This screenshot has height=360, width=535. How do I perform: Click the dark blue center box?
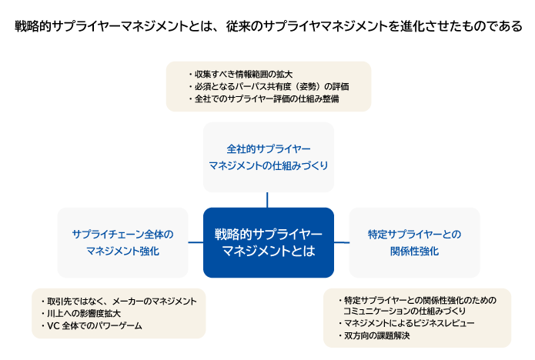pos(268,242)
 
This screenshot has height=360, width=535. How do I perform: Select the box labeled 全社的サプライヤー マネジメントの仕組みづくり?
pos(268,156)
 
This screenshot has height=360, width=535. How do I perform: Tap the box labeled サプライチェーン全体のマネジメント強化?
pos(122,242)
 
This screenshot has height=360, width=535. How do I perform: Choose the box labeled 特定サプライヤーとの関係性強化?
pos(414,242)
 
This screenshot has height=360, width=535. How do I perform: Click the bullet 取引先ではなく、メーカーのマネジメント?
pos(119,301)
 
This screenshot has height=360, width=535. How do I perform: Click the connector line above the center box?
pos(268,200)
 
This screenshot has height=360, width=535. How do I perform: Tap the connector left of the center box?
pos(196,242)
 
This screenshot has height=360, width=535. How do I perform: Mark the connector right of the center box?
pos(341,242)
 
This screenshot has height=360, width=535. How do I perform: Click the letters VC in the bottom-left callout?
pos(52,326)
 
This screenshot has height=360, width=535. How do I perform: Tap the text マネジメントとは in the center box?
pos(268,252)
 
